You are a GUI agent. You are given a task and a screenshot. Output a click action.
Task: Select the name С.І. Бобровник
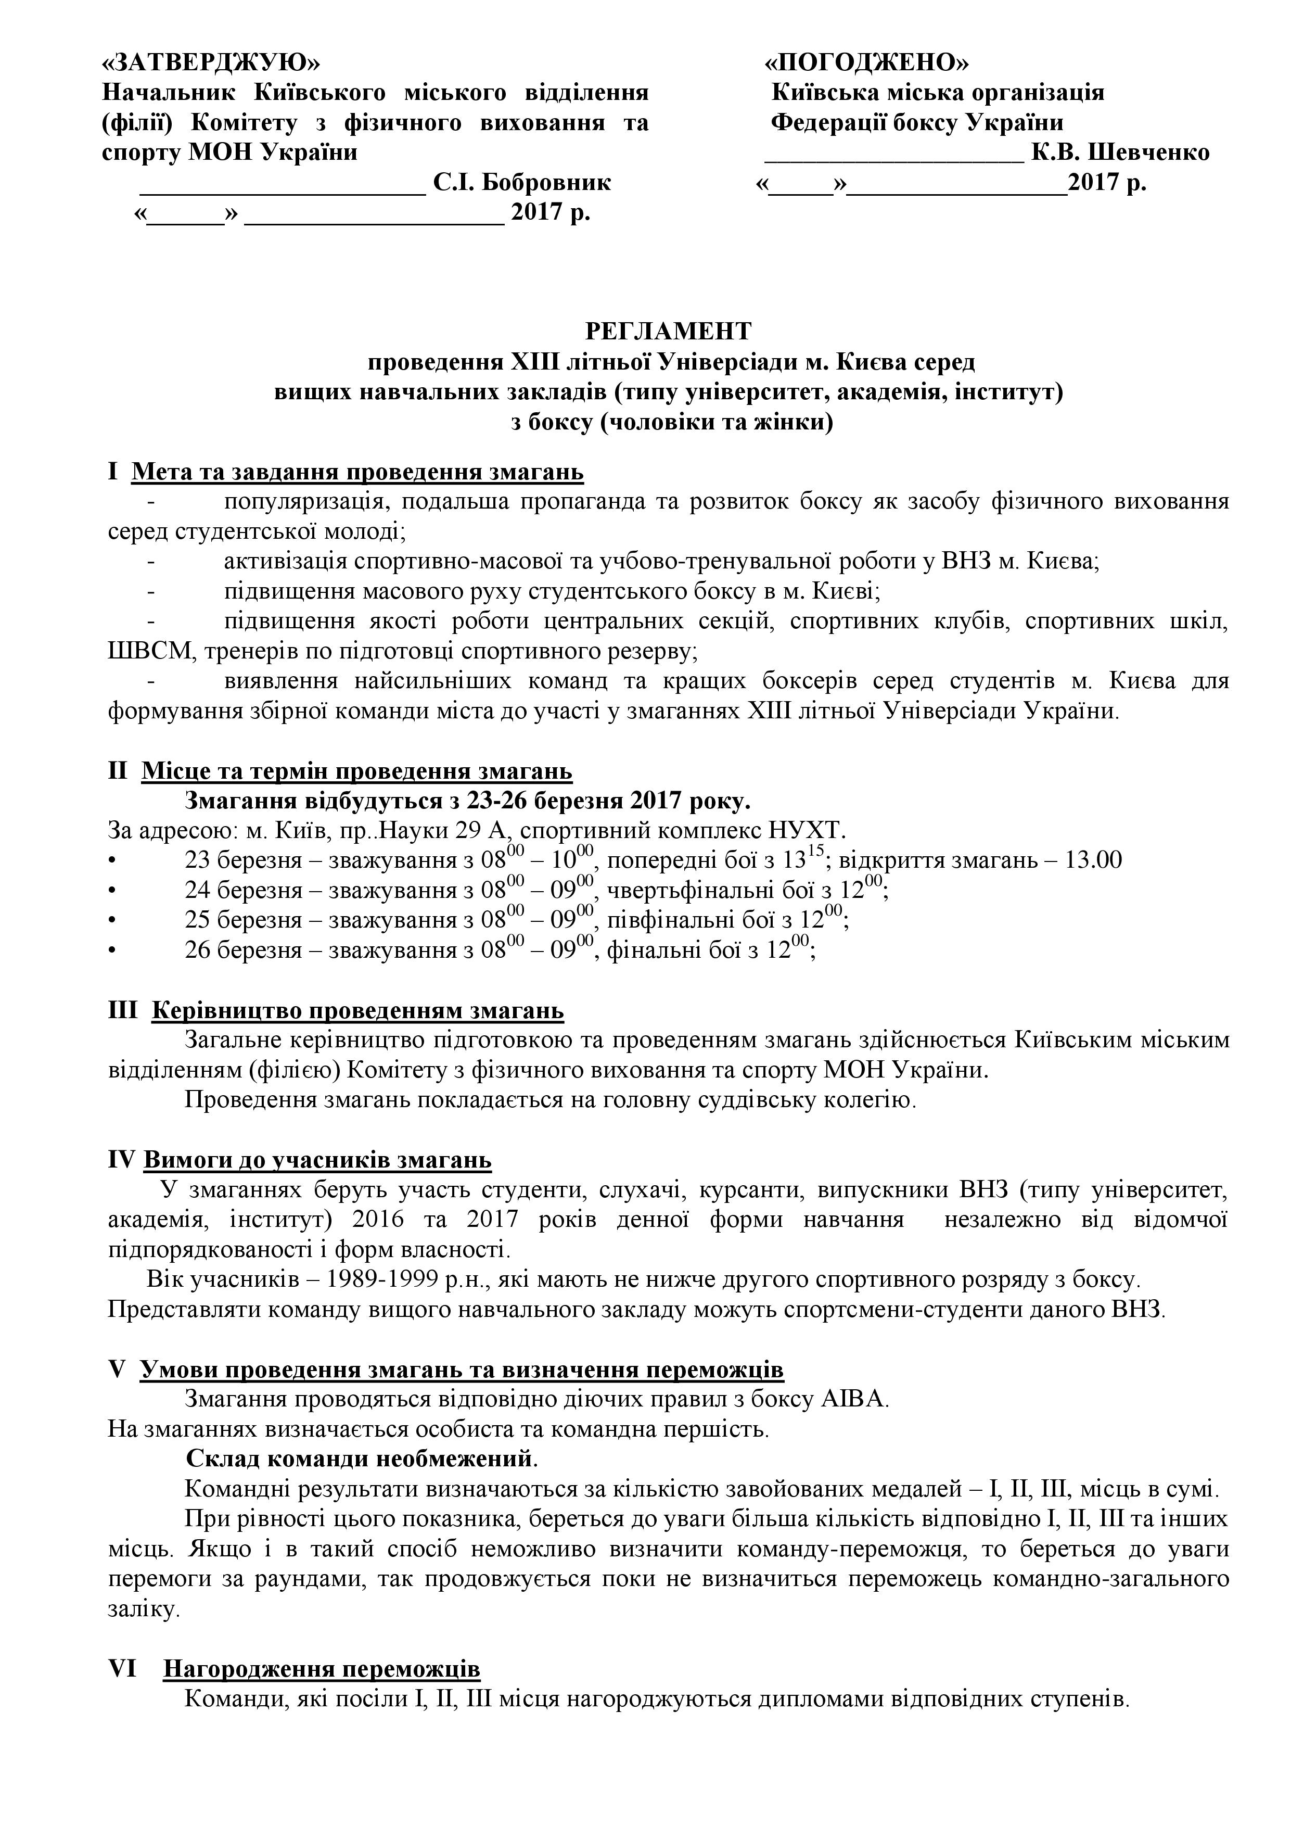pyautogui.click(x=522, y=183)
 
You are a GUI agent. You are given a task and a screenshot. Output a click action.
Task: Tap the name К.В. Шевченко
pyautogui.click(x=1120, y=152)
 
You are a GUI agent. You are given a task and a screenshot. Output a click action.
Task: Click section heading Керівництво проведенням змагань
pyautogui.click(x=357, y=1011)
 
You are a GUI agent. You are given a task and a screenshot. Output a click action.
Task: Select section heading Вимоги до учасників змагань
pyautogui.click(x=317, y=1160)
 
